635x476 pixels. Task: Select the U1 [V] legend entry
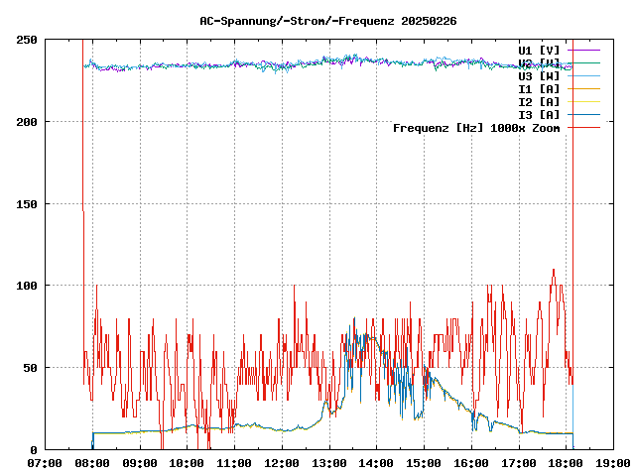coord(539,50)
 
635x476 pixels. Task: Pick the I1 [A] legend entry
coord(539,88)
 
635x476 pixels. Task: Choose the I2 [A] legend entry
coord(539,101)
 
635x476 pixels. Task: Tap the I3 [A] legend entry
coord(539,114)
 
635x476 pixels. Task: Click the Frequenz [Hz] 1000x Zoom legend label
coord(476,127)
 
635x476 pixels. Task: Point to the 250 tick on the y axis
coord(27,40)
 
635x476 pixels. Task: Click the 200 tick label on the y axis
coord(27,122)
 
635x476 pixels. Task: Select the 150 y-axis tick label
coord(27,204)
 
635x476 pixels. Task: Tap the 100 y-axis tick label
coord(27,286)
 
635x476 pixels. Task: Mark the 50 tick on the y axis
coord(30,368)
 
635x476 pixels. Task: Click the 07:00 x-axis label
coord(45,462)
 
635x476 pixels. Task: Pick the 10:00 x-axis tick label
coord(187,462)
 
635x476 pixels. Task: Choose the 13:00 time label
coord(328,462)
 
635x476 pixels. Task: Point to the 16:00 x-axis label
coord(470,462)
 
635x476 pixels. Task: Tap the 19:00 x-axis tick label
coord(612,462)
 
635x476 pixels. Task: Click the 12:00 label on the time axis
coord(281,462)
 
